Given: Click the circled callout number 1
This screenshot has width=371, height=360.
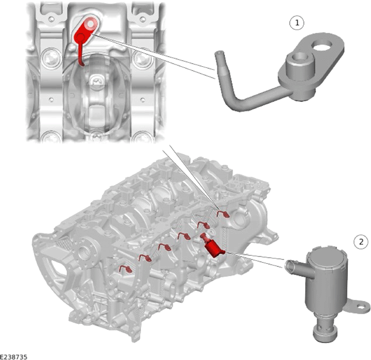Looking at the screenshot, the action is [297, 23].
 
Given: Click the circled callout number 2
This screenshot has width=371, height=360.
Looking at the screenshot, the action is [361, 242].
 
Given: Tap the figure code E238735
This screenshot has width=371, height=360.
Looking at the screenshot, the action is [14, 357].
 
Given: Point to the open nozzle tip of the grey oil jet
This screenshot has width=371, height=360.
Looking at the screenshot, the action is [219, 53].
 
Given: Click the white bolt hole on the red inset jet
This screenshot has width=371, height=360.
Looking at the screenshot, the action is [91, 24].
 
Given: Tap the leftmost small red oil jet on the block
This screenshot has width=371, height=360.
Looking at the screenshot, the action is [126, 269].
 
